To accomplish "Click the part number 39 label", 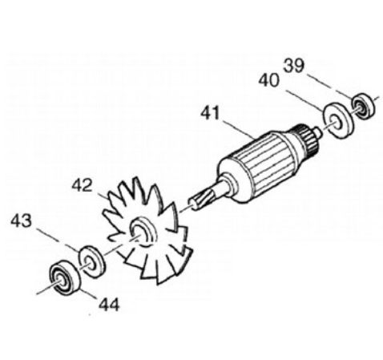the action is [294, 66].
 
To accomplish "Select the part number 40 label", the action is [269, 80].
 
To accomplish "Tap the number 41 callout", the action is [211, 113].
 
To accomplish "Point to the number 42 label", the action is [83, 185].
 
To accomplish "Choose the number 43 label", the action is [22, 220].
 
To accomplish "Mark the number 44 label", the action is [109, 305].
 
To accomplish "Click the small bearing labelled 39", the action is [363, 107].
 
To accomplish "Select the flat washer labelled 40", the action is [337, 121].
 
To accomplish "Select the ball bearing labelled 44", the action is [65, 278].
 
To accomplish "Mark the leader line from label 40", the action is [304, 100].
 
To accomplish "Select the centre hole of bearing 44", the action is [60, 281].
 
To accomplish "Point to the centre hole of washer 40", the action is [336, 122].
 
